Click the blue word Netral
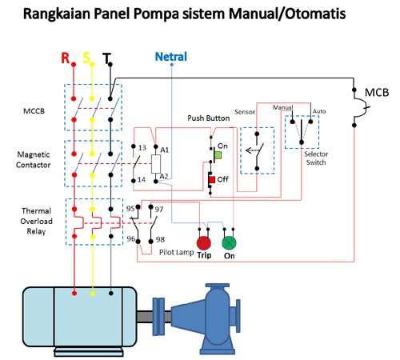click(171, 58)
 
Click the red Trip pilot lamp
click(204, 242)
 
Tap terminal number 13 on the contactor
click(141, 149)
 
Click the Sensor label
click(245, 112)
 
